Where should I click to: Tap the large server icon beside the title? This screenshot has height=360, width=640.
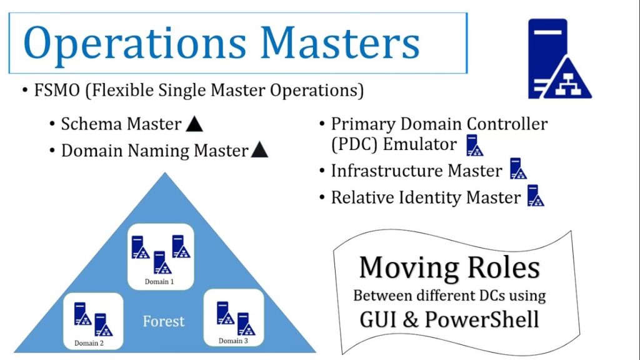pyautogui.click(x=559, y=59)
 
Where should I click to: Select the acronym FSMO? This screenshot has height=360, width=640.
pyautogui.click(x=57, y=90)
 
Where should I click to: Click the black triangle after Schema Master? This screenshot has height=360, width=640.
pyautogui.click(x=194, y=124)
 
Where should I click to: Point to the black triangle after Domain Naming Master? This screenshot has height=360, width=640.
pyautogui.click(x=259, y=150)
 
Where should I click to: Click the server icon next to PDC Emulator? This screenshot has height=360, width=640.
pyautogui.click(x=475, y=145)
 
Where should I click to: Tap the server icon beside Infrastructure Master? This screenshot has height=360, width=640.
pyautogui.click(x=518, y=169)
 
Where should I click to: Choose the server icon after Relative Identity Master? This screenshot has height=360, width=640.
pyautogui.click(x=536, y=196)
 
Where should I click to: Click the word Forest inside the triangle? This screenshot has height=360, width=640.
pyautogui.click(x=164, y=322)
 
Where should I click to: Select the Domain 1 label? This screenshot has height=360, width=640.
pyautogui.click(x=159, y=282)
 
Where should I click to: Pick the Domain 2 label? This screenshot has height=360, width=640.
pyautogui.click(x=89, y=343)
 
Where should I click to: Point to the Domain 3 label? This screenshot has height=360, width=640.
pyautogui.click(x=233, y=341)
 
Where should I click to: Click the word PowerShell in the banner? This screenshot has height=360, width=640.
pyautogui.click(x=482, y=319)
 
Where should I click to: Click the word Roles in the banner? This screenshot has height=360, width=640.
pyautogui.click(x=503, y=267)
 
